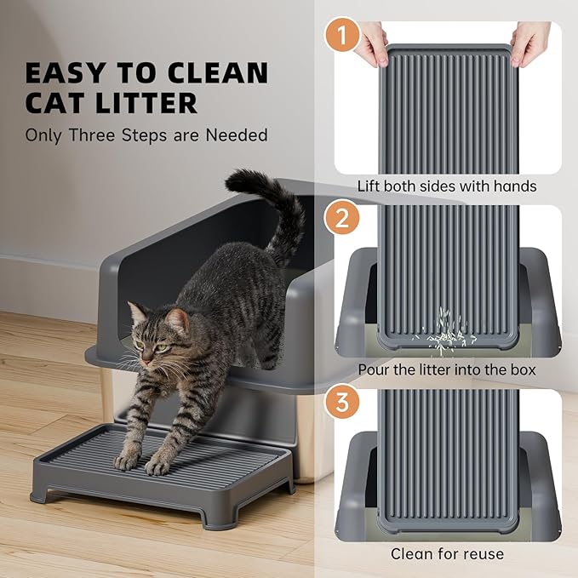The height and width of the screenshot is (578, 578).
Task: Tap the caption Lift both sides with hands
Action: pyautogui.click(x=447, y=186)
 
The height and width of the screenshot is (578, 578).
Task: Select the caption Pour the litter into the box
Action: pyautogui.click(x=447, y=370)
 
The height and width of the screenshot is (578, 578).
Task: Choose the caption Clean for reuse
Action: pyautogui.click(x=447, y=554)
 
